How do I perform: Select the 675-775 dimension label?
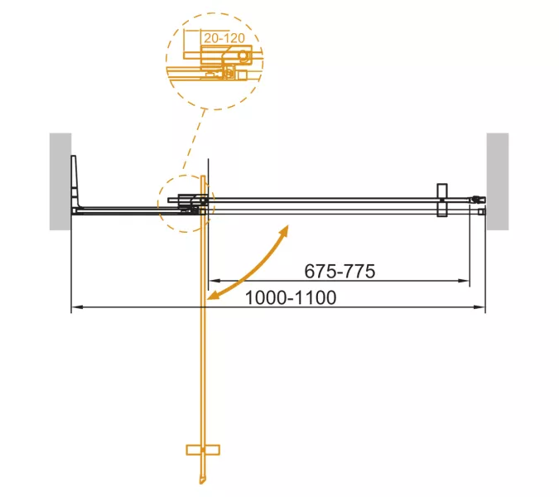point(340,271)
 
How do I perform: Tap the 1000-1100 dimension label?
point(291,297)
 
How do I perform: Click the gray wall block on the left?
point(60,181)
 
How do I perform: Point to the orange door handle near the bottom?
point(203,450)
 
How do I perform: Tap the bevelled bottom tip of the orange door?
point(203,480)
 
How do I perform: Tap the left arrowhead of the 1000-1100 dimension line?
point(76,307)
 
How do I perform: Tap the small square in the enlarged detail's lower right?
point(242,75)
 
